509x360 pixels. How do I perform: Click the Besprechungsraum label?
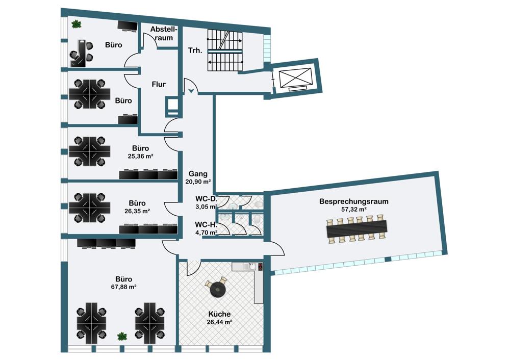point(354,201)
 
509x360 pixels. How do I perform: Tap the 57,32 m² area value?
point(354,210)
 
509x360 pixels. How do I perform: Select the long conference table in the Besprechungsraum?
point(357,229)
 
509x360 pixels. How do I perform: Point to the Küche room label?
point(219,314)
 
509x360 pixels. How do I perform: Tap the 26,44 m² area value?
point(219,322)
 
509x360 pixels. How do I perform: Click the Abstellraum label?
point(164,34)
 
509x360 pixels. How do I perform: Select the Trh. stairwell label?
point(195,50)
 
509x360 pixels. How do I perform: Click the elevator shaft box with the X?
point(296,78)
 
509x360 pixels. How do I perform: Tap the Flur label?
point(159,85)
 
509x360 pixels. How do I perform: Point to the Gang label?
point(198,174)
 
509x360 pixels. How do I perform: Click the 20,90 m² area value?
point(198,182)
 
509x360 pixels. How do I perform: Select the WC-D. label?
point(206,198)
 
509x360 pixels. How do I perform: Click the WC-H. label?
point(206,224)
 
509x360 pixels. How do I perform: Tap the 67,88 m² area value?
point(123,287)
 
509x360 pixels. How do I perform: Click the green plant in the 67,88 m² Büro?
point(122,337)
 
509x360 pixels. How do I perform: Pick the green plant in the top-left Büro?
point(77,24)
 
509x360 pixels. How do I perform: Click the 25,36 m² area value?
point(140,156)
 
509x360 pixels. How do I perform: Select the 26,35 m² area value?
point(137,211)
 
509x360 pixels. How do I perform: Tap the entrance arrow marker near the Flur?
point(191,91)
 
